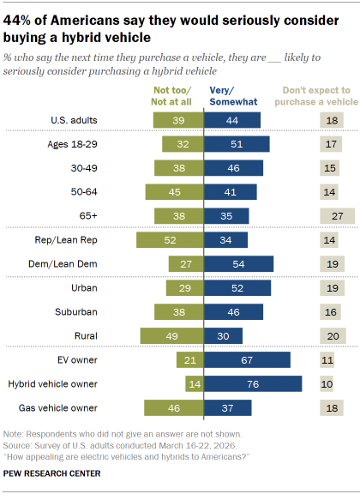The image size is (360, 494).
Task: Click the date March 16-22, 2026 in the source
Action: (x=167, y=447)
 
